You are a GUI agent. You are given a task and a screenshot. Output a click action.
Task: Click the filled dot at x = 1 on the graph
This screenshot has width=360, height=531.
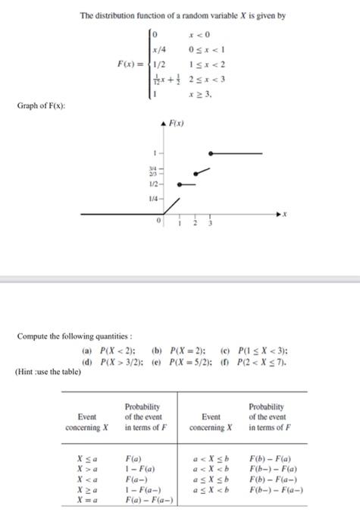[x=179, y=184]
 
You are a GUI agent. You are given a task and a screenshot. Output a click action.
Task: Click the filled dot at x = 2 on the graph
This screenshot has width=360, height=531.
[x=195, y=173]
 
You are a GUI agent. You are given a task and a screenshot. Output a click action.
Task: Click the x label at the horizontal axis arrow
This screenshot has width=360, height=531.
[x=284, y=215]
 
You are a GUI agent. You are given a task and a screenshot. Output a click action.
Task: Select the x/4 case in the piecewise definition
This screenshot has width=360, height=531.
[x=158, y=47]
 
